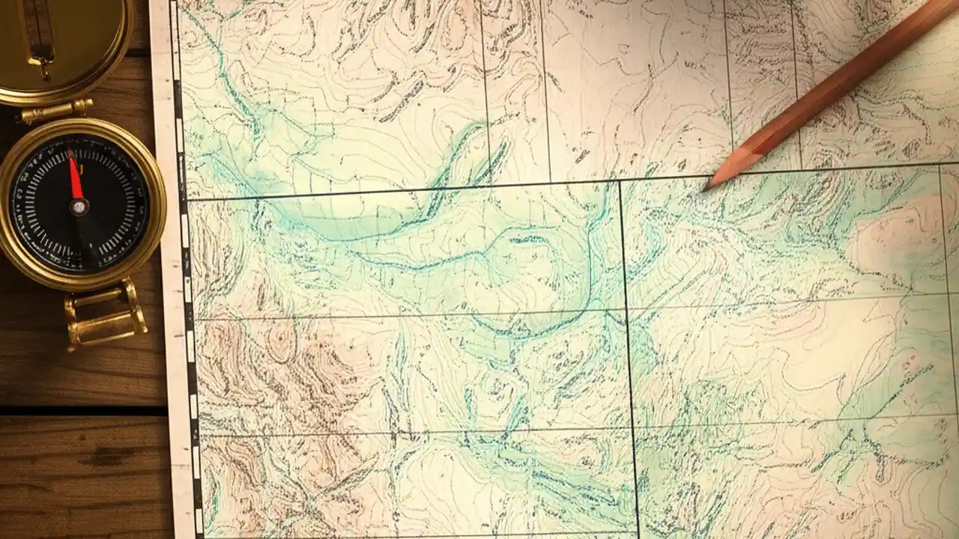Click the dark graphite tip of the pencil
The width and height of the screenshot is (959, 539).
point(706,187)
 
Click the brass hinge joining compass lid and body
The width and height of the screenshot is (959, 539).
point(56,110)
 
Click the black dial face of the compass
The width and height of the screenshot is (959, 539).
point(105,225)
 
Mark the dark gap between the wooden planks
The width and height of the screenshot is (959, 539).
point(82,410)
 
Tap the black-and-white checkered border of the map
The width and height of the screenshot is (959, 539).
point(187,299)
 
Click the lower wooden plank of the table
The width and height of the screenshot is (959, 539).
point(82,479)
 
